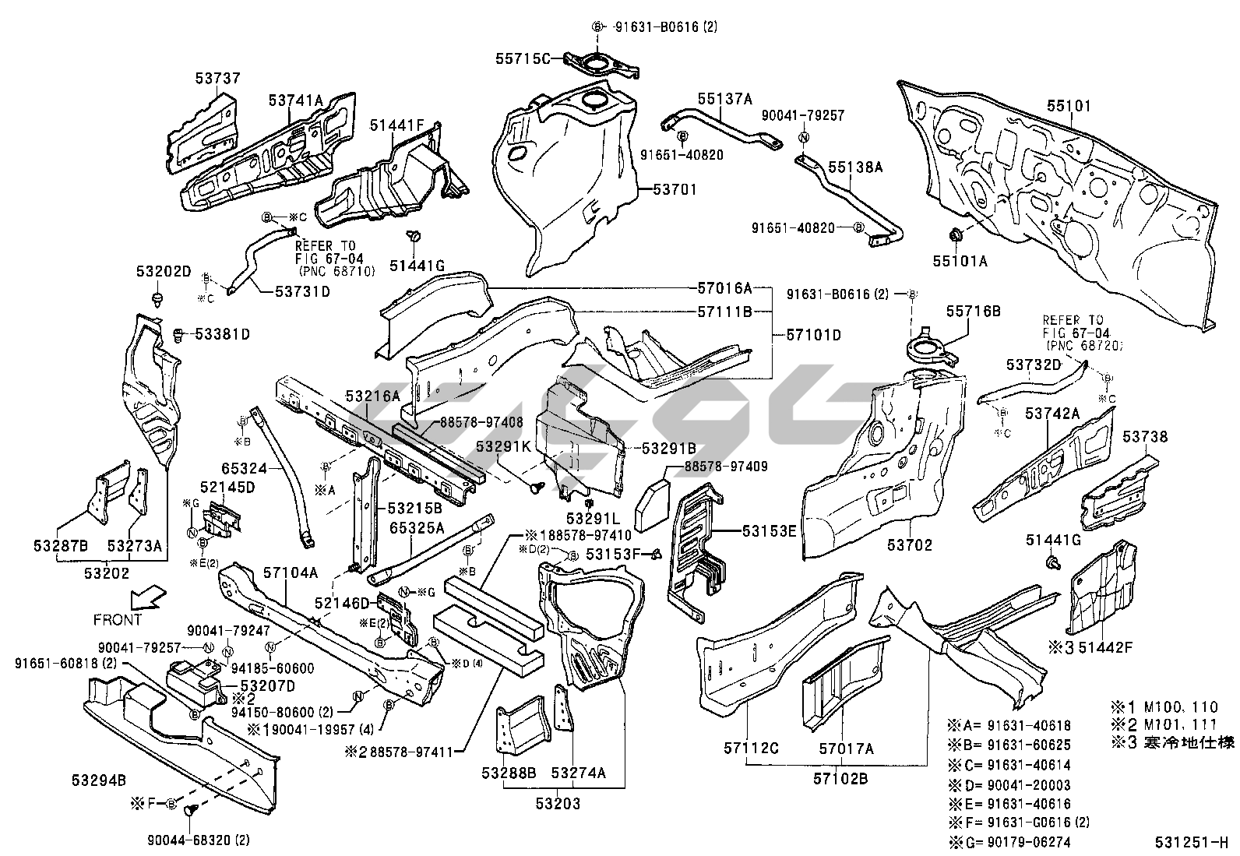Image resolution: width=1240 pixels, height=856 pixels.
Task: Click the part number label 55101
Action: [1069, 106]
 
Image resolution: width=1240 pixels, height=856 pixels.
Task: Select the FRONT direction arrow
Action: [146, 598]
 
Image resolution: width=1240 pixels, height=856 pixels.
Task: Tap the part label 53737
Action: [217, 79]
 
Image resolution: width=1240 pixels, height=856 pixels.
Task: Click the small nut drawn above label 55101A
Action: [954, 234]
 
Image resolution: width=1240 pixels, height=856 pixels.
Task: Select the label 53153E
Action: [769, 531]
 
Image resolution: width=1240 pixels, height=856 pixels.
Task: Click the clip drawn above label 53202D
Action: [159, 298]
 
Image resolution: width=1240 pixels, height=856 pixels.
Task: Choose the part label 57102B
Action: [840, 778]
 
